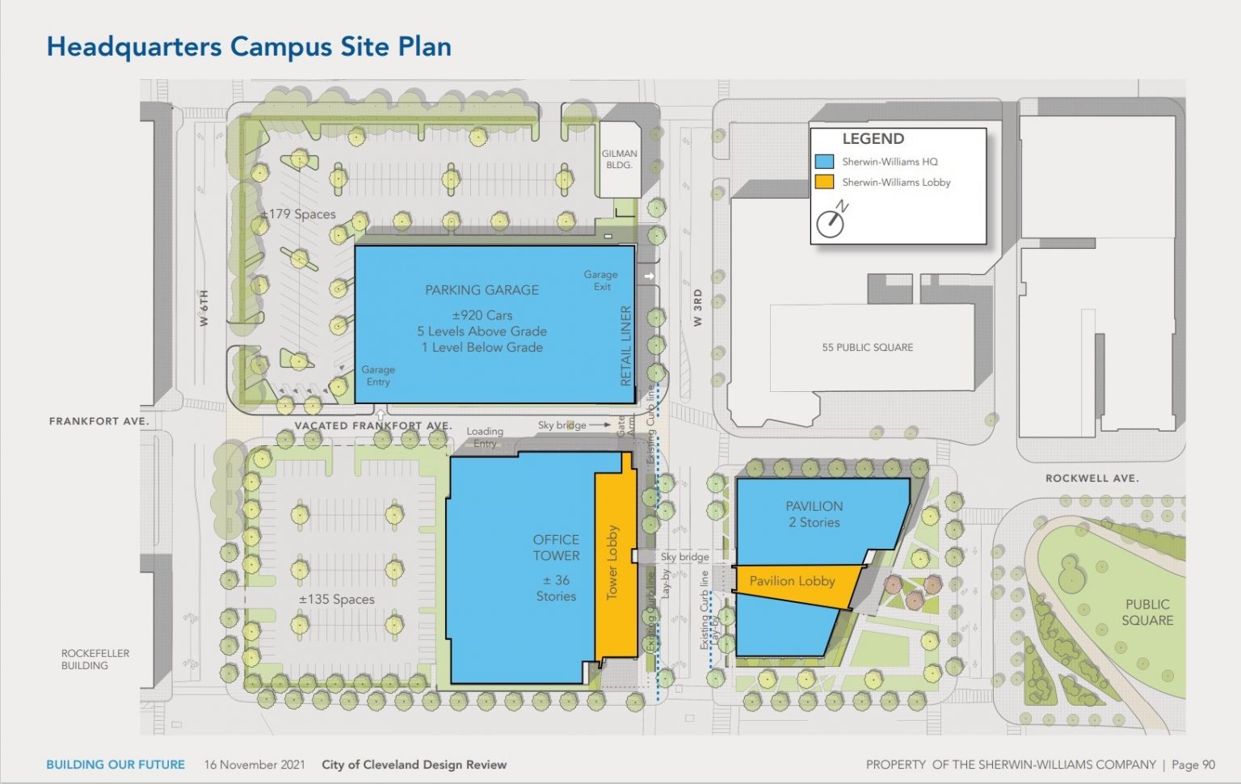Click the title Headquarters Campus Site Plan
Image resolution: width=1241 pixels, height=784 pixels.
(x=249, y=47)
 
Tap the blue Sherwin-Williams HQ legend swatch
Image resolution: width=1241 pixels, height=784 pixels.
(x=824, y=162)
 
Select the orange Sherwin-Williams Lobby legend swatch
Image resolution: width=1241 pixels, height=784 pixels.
(x=824, y=182)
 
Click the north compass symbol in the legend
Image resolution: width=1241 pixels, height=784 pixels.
(x=831, y=221)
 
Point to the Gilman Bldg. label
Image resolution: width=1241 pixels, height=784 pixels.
(x=619, y=159)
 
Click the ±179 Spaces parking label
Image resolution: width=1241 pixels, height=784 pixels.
(x=298, y=214)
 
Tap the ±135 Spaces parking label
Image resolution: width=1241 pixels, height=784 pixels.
(x=337, y=600)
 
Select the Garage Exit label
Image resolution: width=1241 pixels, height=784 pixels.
(x=601, y=280)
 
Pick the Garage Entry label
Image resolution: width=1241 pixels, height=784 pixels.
(x=378, y=376)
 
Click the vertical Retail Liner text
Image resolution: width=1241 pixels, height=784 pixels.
(x=625, y=345)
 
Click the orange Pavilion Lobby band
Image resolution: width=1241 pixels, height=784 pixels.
(x=793, y=581)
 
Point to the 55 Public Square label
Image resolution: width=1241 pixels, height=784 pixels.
(x=868, y=348)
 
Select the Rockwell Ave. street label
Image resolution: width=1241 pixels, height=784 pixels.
(x=1092, y=478)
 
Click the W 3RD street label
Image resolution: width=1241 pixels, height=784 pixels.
(x=698, y=307)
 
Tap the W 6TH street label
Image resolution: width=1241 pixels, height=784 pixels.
(x=204, y=308)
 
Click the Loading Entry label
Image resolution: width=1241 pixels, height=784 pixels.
(x=485, y=437)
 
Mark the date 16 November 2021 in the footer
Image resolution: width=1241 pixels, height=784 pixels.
(x=255, y=765)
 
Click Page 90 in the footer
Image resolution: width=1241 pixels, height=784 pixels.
(x=1193, y=765)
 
